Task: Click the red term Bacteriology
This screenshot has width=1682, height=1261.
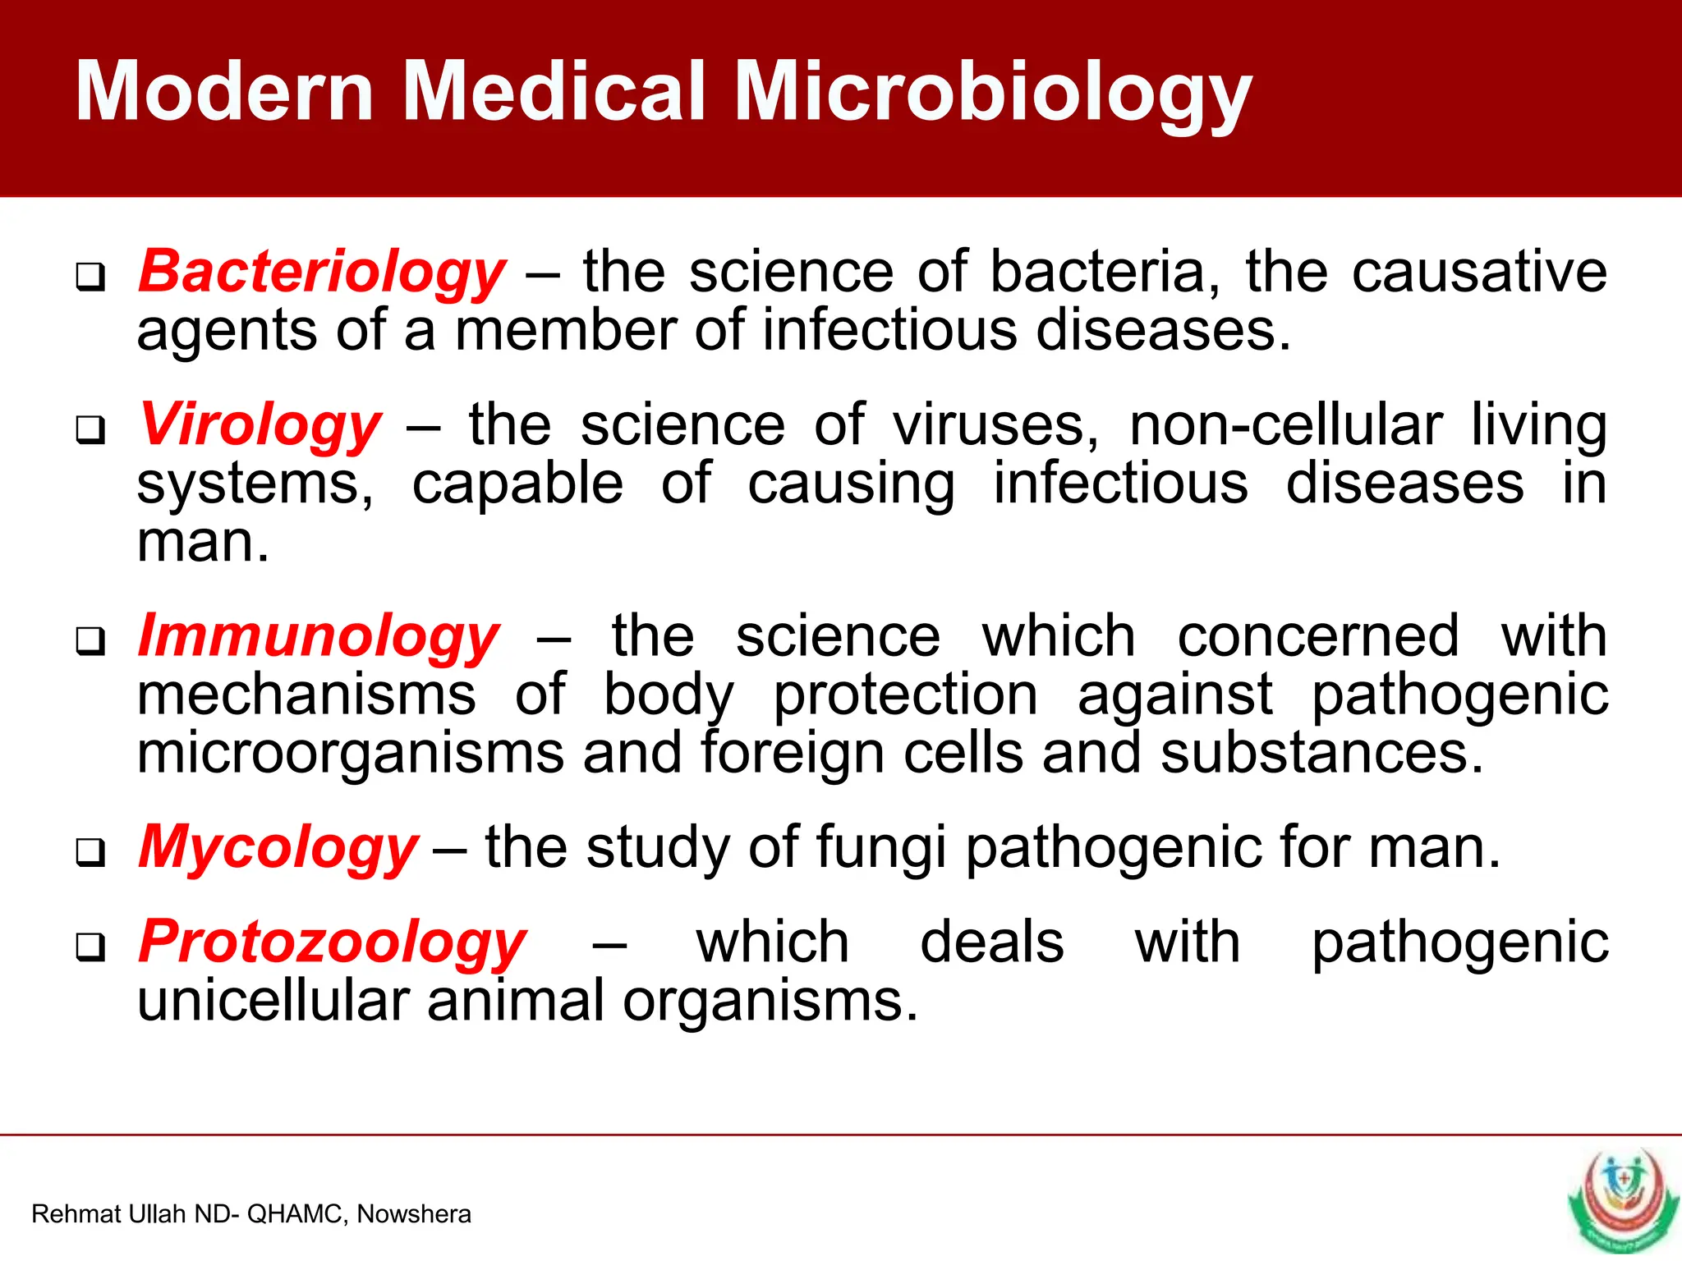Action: [321, 273]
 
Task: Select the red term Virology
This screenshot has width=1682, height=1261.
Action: [260, 426]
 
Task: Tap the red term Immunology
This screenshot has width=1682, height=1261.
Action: [318, 637]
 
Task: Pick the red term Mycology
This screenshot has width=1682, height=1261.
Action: [278, 848]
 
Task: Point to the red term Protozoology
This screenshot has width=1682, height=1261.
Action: [332, 942]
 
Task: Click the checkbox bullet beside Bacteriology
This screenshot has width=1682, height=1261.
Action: [90, 277]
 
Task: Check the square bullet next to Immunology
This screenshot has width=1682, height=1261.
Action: [90, 641]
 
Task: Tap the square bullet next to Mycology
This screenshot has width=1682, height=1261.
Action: [90, 852]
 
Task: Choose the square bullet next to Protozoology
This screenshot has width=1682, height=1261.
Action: [90, 947]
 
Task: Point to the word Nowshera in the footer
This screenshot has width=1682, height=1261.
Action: [414, 1214]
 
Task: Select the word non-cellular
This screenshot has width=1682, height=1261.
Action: [1285, 426]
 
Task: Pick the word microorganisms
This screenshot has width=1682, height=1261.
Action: [351, 753]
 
